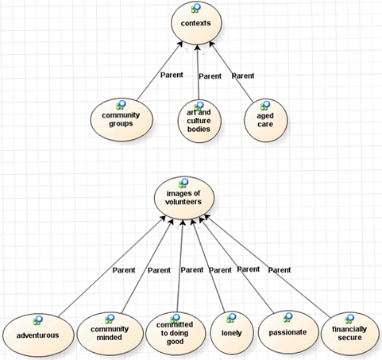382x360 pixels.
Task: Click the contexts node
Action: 196,23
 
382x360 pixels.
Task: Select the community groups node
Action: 122,121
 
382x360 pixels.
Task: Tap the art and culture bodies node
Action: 199,121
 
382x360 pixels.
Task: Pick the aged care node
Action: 265,121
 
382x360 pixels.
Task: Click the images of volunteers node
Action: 183,198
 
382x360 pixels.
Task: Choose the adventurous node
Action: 38,335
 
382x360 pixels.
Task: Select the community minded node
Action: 110,334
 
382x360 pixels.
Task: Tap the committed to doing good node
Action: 176,334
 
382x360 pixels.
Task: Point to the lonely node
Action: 232,333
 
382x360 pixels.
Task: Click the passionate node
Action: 288,332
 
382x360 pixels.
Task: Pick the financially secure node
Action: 349,334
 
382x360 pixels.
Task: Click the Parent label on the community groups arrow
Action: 172,75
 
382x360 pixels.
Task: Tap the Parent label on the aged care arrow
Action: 243,76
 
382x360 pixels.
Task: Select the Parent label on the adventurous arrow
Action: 124,270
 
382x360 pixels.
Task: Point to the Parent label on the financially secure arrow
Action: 280,270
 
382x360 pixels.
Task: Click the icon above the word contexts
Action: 196,8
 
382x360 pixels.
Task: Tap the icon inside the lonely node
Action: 231,318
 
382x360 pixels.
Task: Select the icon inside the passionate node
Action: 287,317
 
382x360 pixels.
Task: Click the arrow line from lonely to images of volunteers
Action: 209,265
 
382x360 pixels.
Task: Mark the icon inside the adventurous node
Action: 38,320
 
